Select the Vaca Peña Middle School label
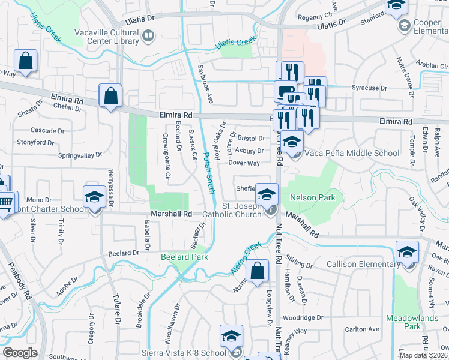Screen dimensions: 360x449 click(352, 153)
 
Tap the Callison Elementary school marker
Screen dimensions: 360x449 click(407, 251)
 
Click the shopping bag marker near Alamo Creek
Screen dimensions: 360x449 click(258, 271)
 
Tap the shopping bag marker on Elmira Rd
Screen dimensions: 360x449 click(111, 96)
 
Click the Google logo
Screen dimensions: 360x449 click(20, 353)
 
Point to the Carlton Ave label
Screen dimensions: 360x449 click(363, 329)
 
